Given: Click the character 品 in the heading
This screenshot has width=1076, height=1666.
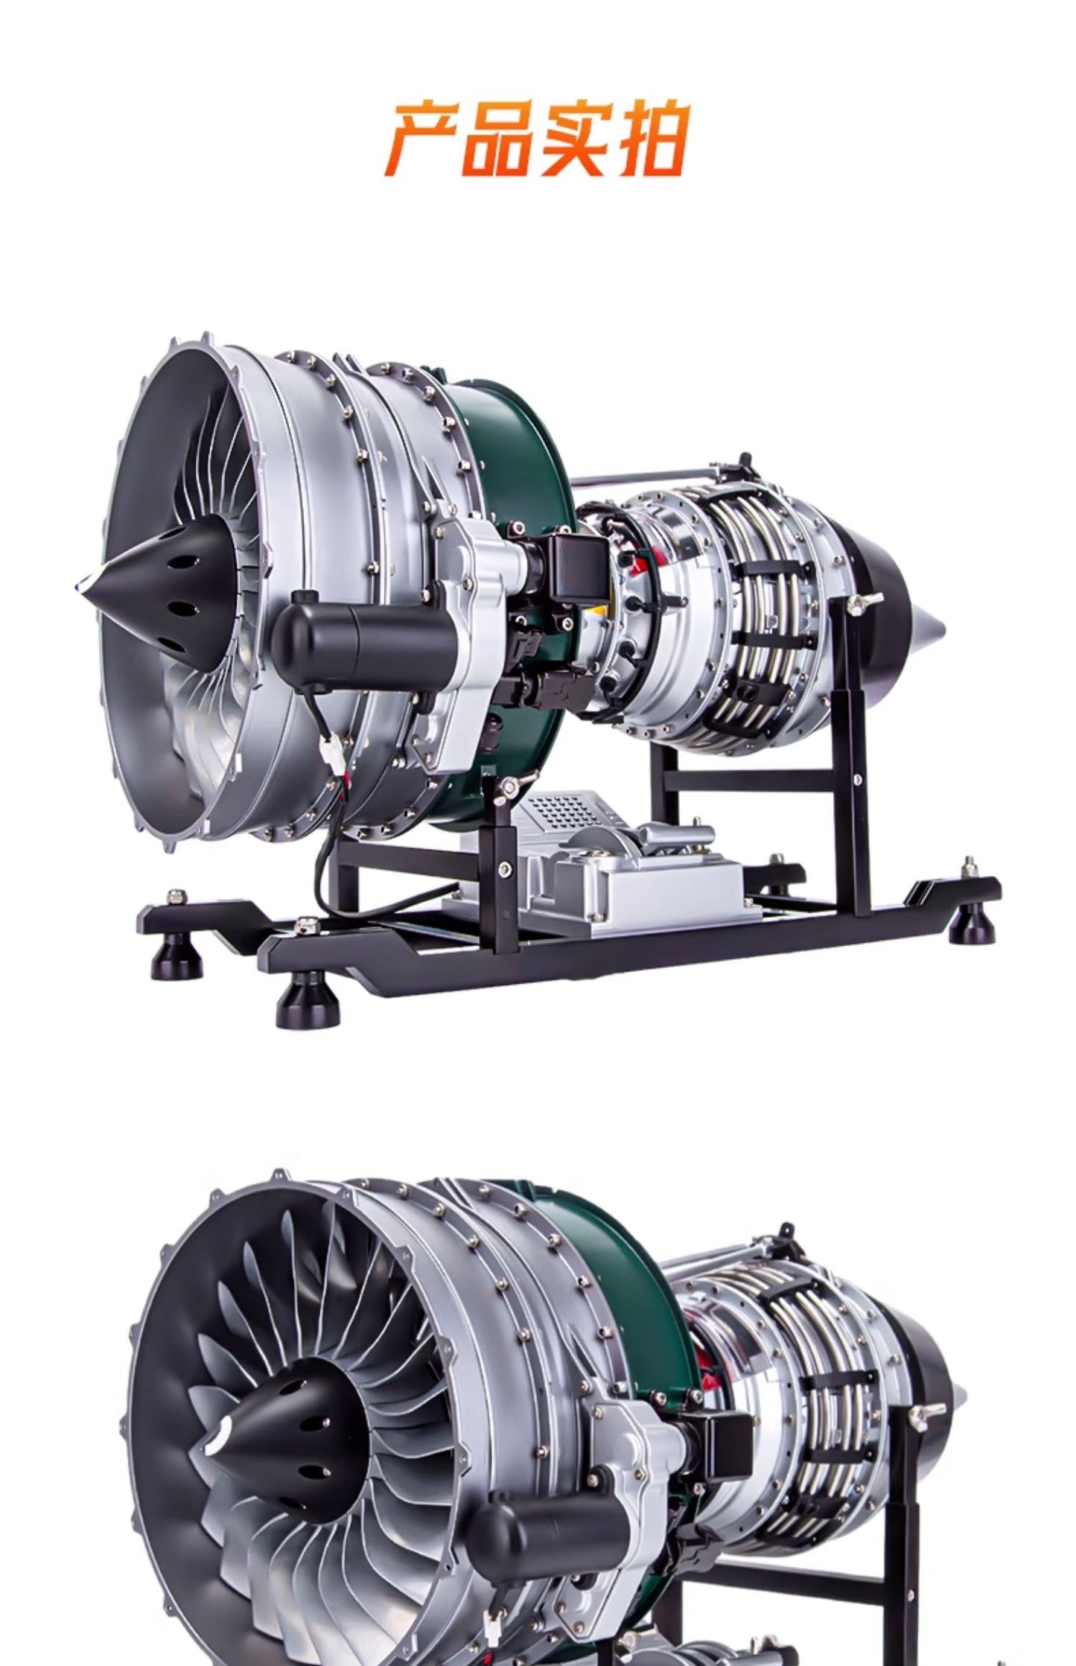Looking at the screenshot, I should click(x=498, y=139).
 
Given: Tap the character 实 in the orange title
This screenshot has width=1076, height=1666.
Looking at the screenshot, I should click(x=574, y=139).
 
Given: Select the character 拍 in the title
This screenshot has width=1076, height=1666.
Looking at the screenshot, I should click(x=647, y=139).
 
